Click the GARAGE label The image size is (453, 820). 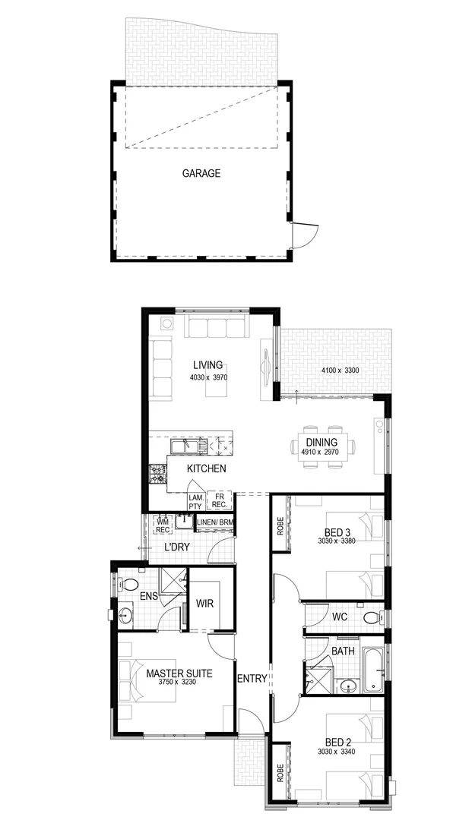click(201, 173)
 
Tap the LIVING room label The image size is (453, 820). click(207, 365)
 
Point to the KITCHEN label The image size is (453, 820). click(207, 468)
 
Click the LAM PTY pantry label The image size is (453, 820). click(195, 501)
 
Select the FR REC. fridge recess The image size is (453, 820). click(219, 501)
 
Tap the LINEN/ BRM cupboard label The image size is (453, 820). click(215, 522)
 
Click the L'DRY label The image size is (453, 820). click(176, 547)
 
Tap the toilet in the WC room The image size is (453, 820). click(370, 617)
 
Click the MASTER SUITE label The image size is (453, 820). click(179, 673)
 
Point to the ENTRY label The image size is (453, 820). click(252, 679)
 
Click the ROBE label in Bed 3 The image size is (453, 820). click(280, 525)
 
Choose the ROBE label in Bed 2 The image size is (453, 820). click(280, 774)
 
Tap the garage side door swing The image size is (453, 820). click(304, 233)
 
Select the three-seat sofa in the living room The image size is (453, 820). click(217, 328)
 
